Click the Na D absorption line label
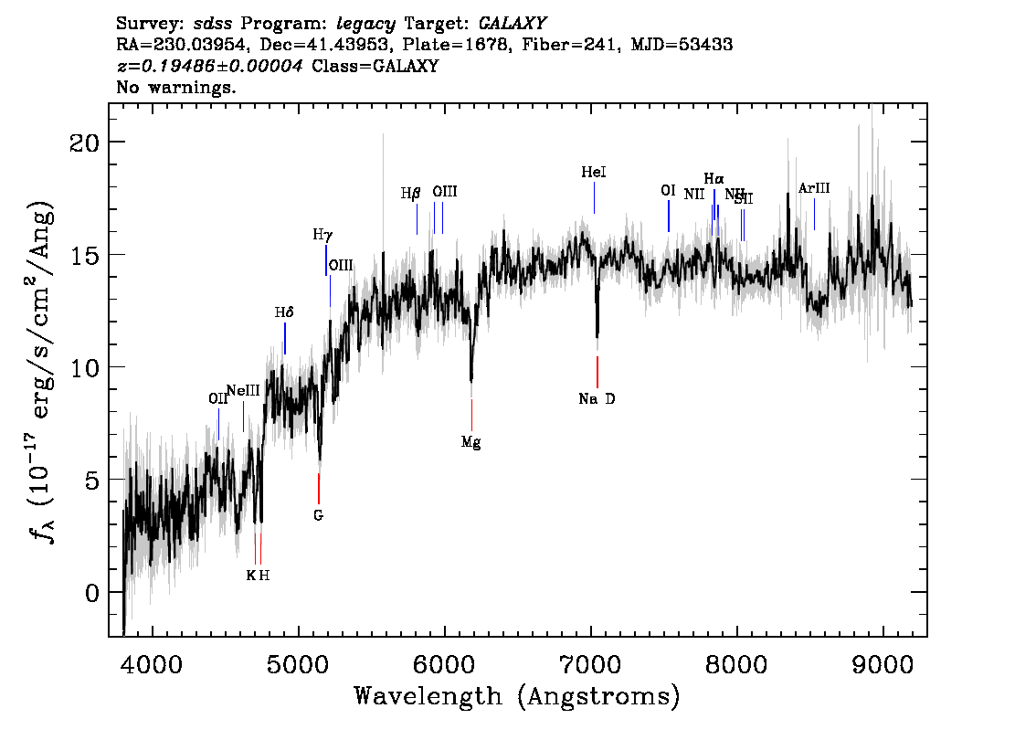(597, 398)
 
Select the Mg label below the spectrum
(470, 442)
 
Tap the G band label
(318, 515)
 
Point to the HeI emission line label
(594, 172)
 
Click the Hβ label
(411, 193)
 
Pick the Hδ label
(284, 312)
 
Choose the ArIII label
(814, 188)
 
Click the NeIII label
(243, 390)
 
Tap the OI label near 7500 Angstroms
(668, 190)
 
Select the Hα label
(714, 178)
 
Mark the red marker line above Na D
(597, 372)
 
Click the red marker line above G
(318, 488)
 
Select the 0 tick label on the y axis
(89, 593)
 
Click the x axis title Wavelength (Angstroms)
(517, 696)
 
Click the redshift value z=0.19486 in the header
(210, 66)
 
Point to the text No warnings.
(176, 88)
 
